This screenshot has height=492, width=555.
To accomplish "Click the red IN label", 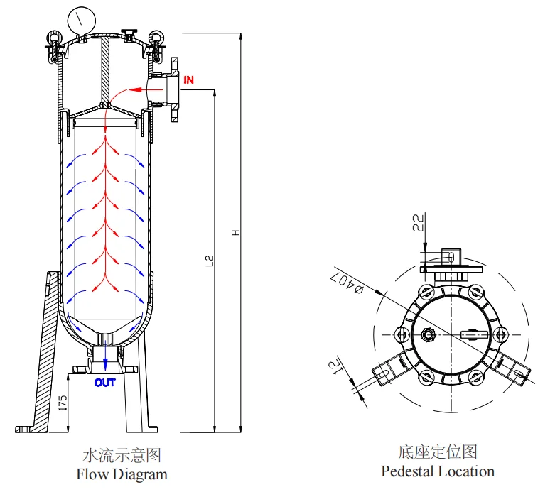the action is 188,80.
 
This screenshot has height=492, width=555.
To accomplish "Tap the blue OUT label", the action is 104,383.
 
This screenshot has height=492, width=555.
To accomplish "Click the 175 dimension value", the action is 63,403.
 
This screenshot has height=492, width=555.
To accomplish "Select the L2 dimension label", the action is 210,261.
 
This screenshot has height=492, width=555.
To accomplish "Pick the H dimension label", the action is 236,233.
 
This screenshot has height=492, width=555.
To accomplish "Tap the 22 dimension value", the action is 419,222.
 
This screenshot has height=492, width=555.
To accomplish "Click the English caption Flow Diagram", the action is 122,474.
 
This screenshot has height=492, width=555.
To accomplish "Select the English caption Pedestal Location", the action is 438,471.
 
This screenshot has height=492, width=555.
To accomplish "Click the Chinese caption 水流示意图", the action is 122,455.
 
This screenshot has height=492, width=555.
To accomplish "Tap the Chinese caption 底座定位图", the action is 438,452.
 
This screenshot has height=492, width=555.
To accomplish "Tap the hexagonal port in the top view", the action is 427,334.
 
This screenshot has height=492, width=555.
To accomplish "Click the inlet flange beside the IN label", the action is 174,89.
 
